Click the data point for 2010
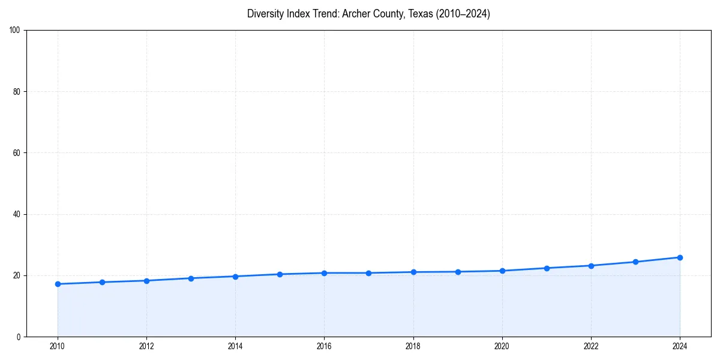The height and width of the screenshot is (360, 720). tap(58, 284)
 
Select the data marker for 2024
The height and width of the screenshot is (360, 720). tap(680, 257)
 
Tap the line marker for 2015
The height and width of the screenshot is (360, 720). tap(280, 274)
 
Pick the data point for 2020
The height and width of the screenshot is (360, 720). tap(502, 271)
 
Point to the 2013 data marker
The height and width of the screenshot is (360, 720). tap(191, 278)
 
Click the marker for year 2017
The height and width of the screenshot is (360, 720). tap(368, 273)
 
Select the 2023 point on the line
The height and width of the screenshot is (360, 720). tap(635, 262)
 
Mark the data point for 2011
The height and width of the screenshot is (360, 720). tap(102, 282)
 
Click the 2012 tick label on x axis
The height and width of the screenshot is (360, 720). tap(146, 346)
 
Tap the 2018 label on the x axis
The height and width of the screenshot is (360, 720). tap(413, 346)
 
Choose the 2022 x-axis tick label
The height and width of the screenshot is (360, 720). tap(591, 346)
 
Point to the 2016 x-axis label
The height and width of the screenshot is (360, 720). tap(324, 346)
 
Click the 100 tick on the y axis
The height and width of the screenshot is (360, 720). tap(16, 31)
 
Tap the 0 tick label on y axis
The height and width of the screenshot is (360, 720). tap(19, 337)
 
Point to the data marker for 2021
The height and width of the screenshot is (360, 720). tap(547, 268)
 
